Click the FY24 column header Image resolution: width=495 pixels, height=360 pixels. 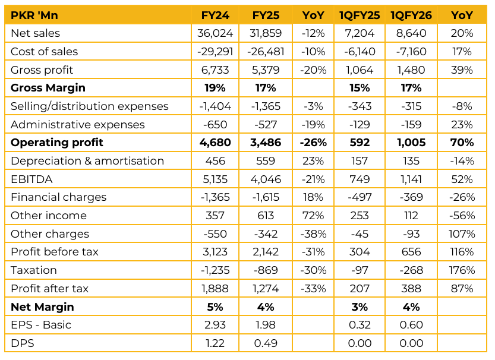pos(216,15)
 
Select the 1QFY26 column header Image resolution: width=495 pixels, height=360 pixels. pos(411,15)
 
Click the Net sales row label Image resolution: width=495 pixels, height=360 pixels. pos(35,33)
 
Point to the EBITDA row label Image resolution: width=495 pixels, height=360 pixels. pos(30,179)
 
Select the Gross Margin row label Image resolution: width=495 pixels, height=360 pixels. pos(48,88)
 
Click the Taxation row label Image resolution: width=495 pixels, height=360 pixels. pos(34,270)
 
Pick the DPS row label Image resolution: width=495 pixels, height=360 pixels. pos(21,343)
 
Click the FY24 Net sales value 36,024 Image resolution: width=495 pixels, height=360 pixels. pos(216,33)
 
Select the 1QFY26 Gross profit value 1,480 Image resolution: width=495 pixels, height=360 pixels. pos(411,70)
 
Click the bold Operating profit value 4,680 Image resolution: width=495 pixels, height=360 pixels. pos(216,143)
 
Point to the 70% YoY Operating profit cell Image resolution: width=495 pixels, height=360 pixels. pos(462,143)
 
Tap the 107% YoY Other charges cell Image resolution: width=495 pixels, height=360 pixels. pos(462,234)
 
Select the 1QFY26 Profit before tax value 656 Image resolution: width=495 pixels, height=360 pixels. pos(411,252)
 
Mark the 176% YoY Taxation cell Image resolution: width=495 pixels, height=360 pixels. pos(462,270)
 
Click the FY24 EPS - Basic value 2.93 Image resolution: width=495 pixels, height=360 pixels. pos(216,325)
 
